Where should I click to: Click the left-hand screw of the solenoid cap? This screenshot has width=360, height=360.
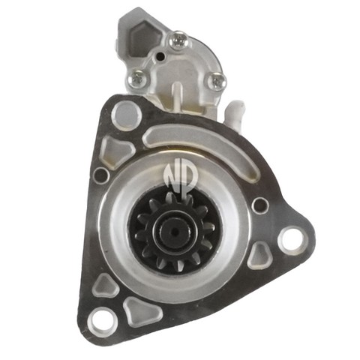click(x=136, y=79)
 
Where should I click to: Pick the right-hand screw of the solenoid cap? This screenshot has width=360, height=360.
click(x=216, y=81)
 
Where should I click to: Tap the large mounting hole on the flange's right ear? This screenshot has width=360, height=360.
click(x=292, y=241)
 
